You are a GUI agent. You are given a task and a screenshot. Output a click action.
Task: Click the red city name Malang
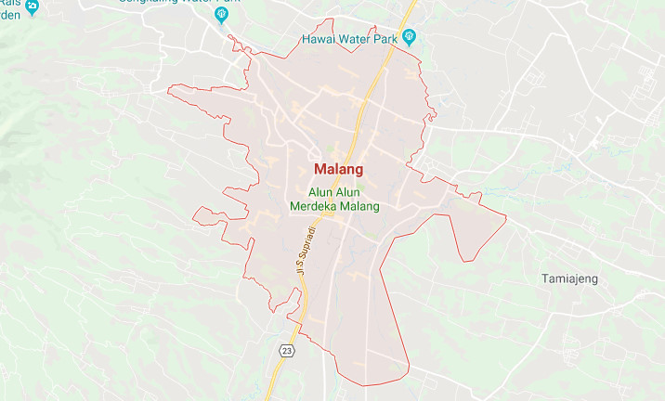[x=338, y=170]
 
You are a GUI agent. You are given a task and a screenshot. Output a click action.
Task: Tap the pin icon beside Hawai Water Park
[x=411, y=38]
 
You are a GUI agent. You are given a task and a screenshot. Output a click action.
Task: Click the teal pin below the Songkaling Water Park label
[x=221, y=16]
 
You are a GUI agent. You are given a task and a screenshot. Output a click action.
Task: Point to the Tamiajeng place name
[x=570, y=278]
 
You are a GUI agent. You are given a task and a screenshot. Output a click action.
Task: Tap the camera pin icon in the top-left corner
[x=33, y=6]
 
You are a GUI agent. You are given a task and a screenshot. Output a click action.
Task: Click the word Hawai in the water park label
[x=318, y=39]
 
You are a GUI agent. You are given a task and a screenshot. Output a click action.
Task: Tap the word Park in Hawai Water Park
[x=385, y=39]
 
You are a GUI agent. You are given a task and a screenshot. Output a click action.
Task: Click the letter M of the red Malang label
[x=320, y=170]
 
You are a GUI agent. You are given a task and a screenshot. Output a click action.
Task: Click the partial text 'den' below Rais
[x=9, y=15]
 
